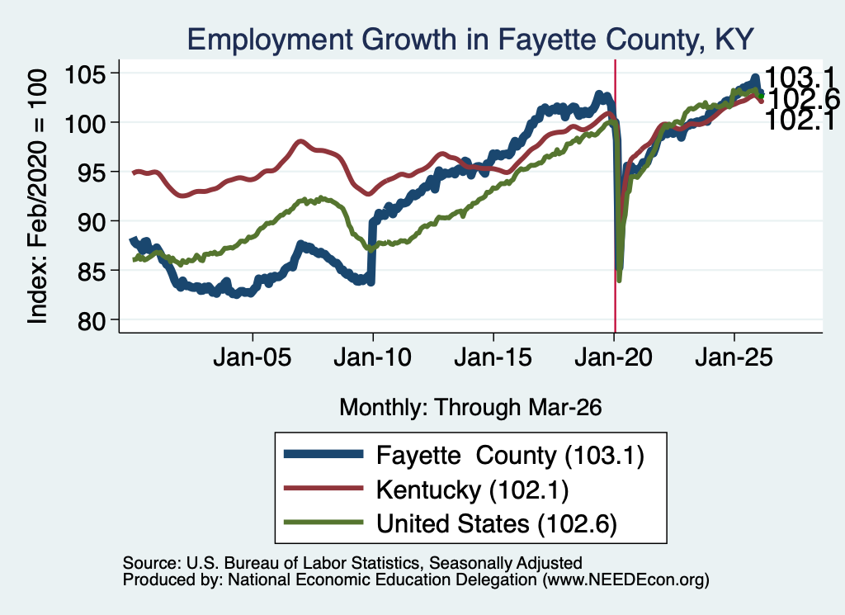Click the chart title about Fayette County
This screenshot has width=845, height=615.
[x=470, y=40]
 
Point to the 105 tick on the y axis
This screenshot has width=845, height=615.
[x=85, y=73]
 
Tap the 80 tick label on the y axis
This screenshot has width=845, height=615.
[x=91, y=320]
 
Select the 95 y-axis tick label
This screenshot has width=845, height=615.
[x=91, y=172]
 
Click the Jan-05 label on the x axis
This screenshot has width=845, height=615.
[x=253, y=357]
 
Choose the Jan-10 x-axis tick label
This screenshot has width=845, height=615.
[x=372, y=357]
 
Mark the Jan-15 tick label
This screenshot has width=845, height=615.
[x=493, y=357]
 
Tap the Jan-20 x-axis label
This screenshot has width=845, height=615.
[x=613, y=357]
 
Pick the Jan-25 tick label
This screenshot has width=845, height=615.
[x=734, y=357]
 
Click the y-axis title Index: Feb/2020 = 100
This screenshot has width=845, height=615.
[x=37, y=196]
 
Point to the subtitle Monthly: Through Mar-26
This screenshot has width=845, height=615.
[x=470, y=408]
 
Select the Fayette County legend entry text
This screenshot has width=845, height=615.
[x=510, y=456]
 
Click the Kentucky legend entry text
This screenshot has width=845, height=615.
[x=472, y=490]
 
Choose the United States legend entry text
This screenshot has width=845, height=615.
[x=496, y=524]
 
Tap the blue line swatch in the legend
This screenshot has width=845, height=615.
[x=323, y=454]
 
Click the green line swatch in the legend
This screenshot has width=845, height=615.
[x=323, y=523]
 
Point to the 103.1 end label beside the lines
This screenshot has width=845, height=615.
[x=800, y=77]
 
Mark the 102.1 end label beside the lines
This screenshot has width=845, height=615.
[x=800, y=120]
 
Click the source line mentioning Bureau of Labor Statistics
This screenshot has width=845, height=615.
[x=352, y=563]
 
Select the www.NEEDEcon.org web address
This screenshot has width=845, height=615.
[x=625, y=580]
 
